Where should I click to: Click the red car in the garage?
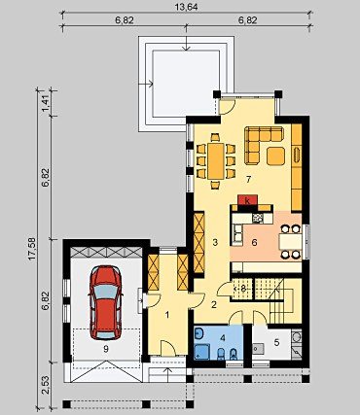pyautogui.click(x=106, y=302)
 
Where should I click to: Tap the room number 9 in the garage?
pyautogui.click(x=106, y=349)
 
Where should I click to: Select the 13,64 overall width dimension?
pyautogui.click(x=188, y=7)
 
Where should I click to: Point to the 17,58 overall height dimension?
pyautogui.click(x=31, y=249)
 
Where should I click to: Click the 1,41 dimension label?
pyautogui.click(x=46, y=103)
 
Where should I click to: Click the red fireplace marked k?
pyautogui.click(x=248, y=200)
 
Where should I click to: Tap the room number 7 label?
pyautogui.click(x=248, y=179)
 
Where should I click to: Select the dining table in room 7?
pyautogui.click(x=216, y=161)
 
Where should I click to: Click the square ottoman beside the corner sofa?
pyautogui.click(x=276, y=156)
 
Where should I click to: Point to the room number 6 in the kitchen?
pyautogui.click(x=254, y=242)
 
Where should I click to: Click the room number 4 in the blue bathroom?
pyautogui.click(x=223, y=338)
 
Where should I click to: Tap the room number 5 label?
pyautogui.click(x=276, y=342)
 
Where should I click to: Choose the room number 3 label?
pyautogui.click(x=215, y=242)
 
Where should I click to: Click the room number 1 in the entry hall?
pyautogui.click(x=167, y=315)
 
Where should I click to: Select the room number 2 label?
pyautogui.click(x=214, y=304)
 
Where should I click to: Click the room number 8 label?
pyautogui.click(x=242, y=288)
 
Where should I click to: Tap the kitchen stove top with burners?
pyautogui.click(x=258, y=218)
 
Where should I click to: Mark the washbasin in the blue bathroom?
pyautogui.click(x=199, y=332)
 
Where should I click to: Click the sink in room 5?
pyautogui.click(x=258, y=349)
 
